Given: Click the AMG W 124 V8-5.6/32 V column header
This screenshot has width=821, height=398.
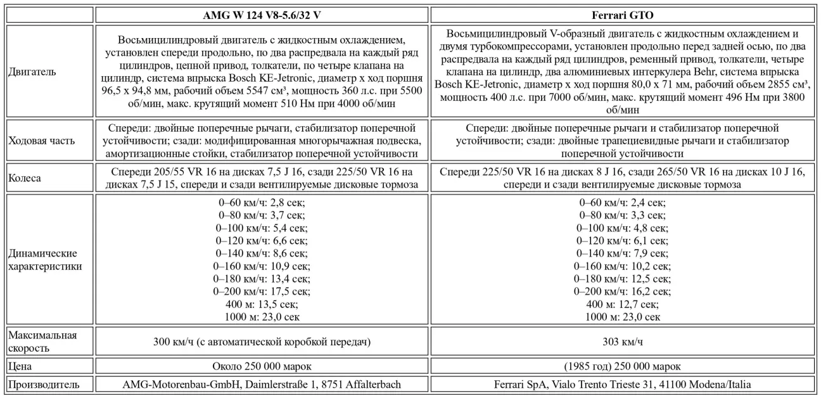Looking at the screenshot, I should pos(261,15).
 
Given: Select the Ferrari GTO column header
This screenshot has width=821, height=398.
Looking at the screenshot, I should pos(624,15).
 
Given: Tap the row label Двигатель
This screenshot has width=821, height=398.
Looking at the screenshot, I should pos(32,72).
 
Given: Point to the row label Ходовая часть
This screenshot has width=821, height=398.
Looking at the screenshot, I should pos(42,140).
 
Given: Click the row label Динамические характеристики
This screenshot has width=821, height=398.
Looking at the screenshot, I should pos(45,260).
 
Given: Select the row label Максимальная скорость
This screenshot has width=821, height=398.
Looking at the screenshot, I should pos(42,341).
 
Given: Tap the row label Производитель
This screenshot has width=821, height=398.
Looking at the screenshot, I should pos(44,384).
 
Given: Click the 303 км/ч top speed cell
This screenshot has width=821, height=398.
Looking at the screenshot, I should pos(624,342).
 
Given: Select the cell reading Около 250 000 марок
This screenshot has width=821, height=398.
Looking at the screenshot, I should pos(261,366).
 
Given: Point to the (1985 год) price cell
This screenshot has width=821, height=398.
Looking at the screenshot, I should pos(624,366).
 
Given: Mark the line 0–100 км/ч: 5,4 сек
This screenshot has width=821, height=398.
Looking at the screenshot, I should pos(261,227).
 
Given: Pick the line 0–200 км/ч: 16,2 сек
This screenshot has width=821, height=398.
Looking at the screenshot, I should pos(624,292).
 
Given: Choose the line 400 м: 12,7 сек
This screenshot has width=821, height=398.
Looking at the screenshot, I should pos(624,304).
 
